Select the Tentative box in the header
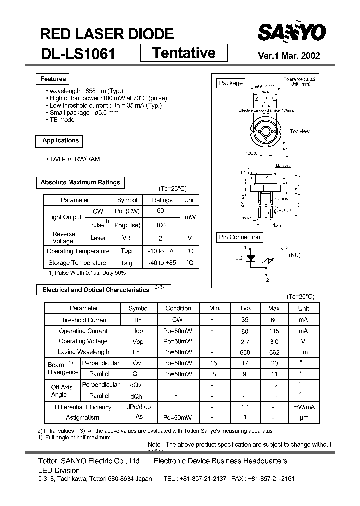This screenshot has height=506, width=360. [x=183, y=52]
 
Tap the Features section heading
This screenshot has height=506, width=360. [x=53, y=79]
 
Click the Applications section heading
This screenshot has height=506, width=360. [x=60, y=141]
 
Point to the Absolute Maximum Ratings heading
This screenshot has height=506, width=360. [x=80, y=183]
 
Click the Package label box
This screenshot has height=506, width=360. [x=230, y=83]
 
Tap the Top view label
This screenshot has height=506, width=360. [x=300, y=132]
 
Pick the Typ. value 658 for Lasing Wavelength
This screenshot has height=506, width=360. [x=245, y=352]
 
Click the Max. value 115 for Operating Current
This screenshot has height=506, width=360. [x=274, y=331]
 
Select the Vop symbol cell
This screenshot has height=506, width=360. [x=138, y=342]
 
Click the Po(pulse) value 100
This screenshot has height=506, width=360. [x=161, y=225]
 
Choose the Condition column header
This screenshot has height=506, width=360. [x=178, y=308]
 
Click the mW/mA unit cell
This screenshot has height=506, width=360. [x=303, y=407]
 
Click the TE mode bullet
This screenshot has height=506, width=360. [x=62, y=120]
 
